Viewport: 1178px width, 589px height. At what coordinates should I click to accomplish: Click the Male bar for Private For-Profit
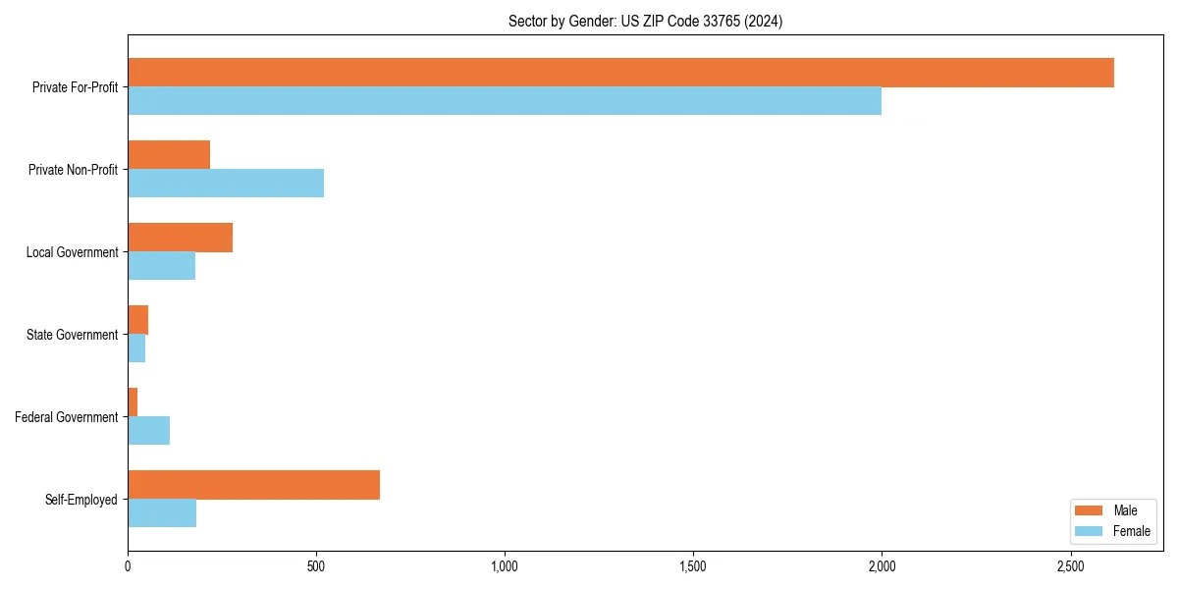pos(620,73)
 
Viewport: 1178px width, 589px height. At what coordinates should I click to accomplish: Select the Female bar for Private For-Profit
pos(505,101)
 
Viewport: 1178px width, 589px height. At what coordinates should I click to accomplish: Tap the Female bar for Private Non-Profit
pos(226,184)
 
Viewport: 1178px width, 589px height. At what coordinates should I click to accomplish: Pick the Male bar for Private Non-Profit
pos(169,155)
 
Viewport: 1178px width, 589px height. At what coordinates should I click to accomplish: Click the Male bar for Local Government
pos(180,238)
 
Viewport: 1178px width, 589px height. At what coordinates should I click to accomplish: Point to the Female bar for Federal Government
pos(148,431)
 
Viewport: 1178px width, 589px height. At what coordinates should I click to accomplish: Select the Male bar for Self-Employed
pos(253,485)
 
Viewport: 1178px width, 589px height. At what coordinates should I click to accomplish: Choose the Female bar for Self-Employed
pos(162,513)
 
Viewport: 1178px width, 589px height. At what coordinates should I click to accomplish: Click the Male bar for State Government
pos(137,320)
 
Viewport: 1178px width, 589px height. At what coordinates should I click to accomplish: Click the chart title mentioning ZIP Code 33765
pos(645,21)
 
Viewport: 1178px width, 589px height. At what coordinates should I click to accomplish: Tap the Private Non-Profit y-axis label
pos(73,170)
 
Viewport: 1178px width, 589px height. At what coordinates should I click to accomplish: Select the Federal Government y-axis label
pos(67,417)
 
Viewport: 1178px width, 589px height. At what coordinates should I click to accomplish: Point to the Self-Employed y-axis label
pos(81,500)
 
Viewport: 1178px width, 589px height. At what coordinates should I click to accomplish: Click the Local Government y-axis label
pos(72,252)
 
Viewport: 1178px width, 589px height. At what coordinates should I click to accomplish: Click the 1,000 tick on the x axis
pos(505,566)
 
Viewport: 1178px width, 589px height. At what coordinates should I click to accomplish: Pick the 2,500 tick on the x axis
pos(1070,566)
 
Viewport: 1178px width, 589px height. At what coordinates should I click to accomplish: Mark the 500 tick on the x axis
pos(316,566)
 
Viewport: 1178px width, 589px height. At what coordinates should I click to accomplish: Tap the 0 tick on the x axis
pos(128,566)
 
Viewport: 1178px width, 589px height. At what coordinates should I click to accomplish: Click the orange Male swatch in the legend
pos(1090,510)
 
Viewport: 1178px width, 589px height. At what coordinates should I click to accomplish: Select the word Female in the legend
pos(1132,531)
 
